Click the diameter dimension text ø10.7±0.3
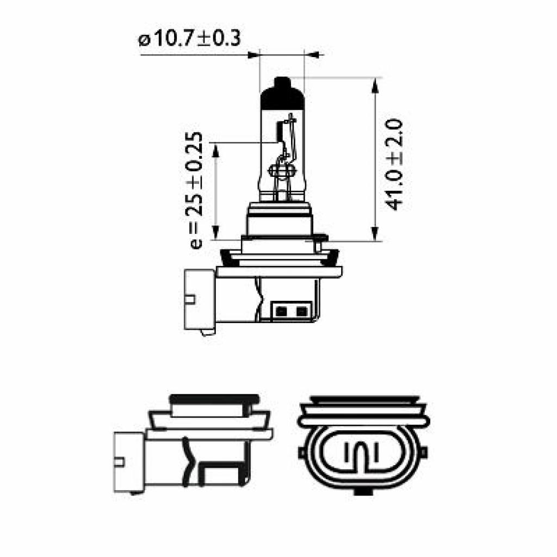click(189, 39)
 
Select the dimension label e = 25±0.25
click(196, 190)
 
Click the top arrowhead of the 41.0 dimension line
click(375, 84)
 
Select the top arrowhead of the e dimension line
click(216, 149)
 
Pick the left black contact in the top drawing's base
click(281, 311)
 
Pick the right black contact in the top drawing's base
click(300, 311)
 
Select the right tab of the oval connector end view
click(424, 452)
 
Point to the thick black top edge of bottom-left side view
click(213, 398)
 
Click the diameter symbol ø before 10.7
click(144, 40)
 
